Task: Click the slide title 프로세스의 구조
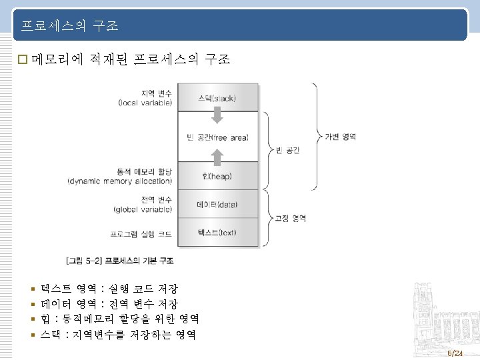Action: coord(69,26)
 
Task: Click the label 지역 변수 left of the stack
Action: coord(156,93)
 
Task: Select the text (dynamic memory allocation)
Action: coord(120,181)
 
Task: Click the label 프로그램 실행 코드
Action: coord(141,234)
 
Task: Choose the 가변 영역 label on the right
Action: coord(340,137)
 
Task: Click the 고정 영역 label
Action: coord(291,218)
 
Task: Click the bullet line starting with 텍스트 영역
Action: coord(109,289)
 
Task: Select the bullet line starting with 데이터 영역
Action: coord(109,304)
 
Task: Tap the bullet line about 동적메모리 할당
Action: coord(120,319)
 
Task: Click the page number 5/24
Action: coord(455,352)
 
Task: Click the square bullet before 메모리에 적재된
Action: coord(23,60)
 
